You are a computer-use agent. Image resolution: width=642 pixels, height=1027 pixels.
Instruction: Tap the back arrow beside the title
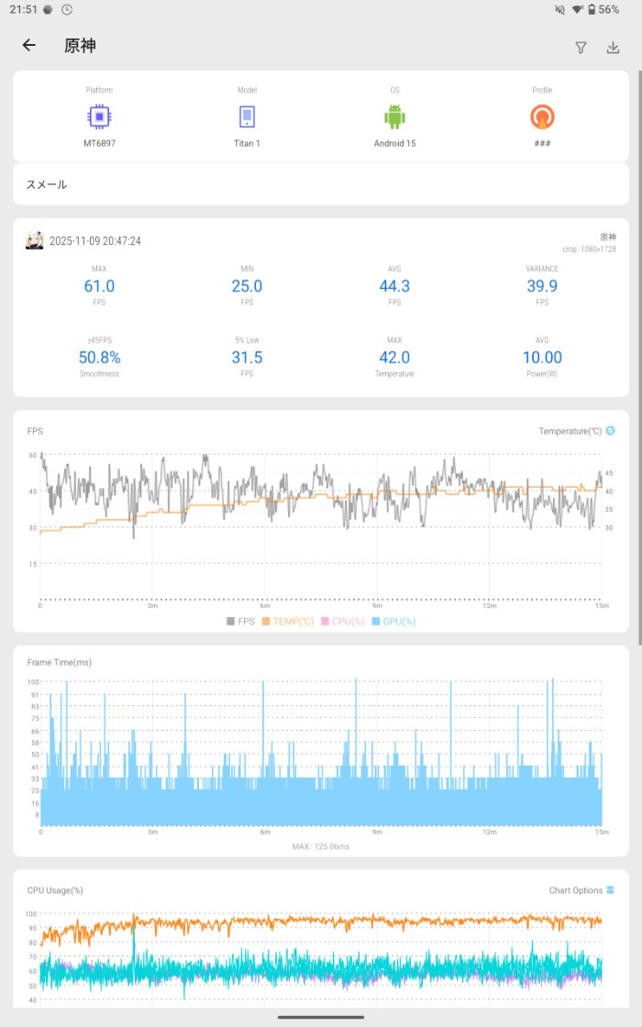29,46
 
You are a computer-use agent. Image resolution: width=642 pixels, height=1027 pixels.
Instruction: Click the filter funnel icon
581,48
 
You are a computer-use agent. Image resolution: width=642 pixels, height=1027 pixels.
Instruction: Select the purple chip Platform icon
100,116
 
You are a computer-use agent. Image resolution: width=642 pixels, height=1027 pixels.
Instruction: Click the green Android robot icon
394,116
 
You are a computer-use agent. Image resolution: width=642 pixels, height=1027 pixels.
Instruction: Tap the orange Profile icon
542,116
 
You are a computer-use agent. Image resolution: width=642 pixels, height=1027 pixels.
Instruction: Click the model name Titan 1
247,143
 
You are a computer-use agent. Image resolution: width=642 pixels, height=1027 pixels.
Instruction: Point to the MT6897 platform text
100,143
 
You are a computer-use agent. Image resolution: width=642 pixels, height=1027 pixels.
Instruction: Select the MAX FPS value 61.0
100,286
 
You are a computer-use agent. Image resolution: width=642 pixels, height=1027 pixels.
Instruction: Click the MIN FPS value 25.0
247,286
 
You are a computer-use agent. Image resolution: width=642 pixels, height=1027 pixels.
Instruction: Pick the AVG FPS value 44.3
394,286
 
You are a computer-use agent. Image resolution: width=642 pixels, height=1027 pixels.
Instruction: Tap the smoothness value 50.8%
100,358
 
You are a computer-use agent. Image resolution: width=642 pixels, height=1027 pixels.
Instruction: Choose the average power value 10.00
542,358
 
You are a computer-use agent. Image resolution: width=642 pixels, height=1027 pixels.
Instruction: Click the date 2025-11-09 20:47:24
95,241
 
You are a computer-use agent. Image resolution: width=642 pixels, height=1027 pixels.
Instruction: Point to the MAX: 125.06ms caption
321,846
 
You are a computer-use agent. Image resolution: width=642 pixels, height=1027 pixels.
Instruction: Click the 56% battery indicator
608,9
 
